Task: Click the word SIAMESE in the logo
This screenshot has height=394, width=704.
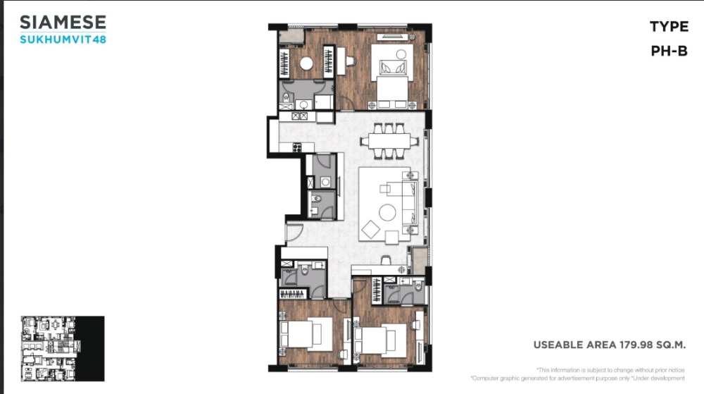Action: tap(63, 23)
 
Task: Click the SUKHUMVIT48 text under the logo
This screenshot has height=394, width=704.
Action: tap(63, 39)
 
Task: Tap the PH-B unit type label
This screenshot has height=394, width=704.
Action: tap(669, 51)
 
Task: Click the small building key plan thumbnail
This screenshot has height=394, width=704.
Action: tap(63, 349)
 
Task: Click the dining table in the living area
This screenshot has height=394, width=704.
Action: tap(389, 141)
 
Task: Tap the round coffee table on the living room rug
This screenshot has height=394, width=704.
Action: tap(387, 212)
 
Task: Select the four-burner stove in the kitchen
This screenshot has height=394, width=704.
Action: tap(297, 147)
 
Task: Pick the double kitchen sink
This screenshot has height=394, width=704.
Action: tap(299, 116)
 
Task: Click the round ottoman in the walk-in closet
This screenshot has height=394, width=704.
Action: tap(306, 64)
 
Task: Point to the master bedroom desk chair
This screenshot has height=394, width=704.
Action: tap(350, 60)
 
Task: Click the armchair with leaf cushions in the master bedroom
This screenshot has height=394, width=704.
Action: tap(393, 68)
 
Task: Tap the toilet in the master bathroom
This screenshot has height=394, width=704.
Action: tap(286, 97)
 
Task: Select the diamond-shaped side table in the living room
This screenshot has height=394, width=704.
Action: tap(371, 229)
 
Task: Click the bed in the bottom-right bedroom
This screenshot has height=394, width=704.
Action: tap(381, 340)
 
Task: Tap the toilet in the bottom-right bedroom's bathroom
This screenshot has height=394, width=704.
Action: tap(418, 285)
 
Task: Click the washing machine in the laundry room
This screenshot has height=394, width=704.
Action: tap(325, 182)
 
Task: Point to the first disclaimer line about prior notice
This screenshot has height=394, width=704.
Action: tap(610, 370)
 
